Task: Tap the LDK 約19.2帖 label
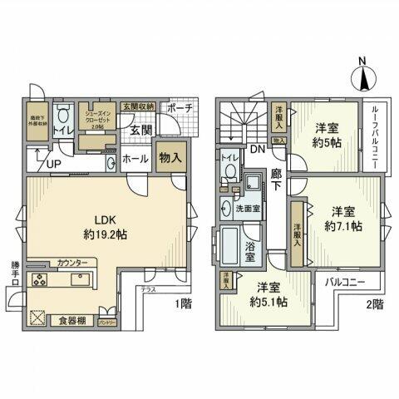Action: pos(104,226)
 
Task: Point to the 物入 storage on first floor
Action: pos(170,154)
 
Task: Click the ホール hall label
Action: pos(135,156)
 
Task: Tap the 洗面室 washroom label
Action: pos(248,208)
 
